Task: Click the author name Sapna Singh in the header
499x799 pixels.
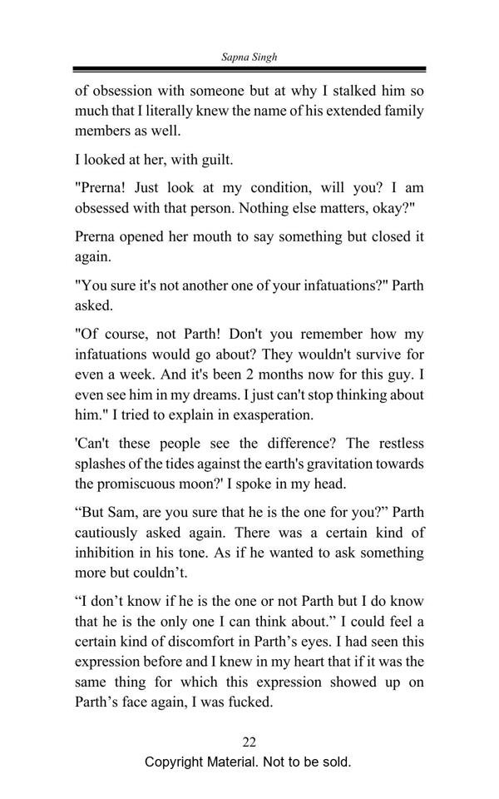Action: [x=249, y=56]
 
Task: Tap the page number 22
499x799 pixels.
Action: [x=249, y=742]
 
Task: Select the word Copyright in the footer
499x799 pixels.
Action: [x=176, y=762]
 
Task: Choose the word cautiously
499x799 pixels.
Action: [x=112, y=533]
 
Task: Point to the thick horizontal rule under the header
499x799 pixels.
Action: [x=249, y=70]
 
